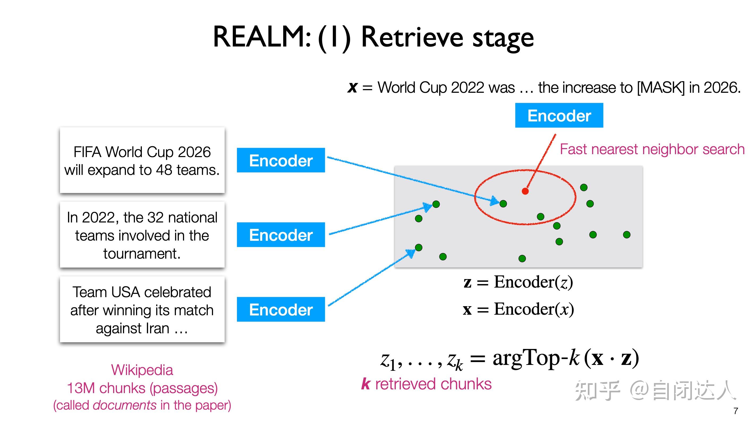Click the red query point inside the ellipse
[525, 191]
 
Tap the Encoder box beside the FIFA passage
[281, 160]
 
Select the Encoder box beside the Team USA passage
[281, 309]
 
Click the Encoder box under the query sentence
[559, 115]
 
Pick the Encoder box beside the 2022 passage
[281, 235]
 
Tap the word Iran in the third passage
[157, 328]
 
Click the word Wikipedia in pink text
[142, 370]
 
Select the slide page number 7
[736, 411]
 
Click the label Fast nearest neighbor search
[652, 149]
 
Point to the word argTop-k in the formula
[536, 358]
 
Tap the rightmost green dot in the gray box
[627, 235]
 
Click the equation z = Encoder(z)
[518, 282]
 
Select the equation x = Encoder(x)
[518, 309]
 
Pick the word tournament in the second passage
[142, 254]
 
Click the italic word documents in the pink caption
[124, 405]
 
